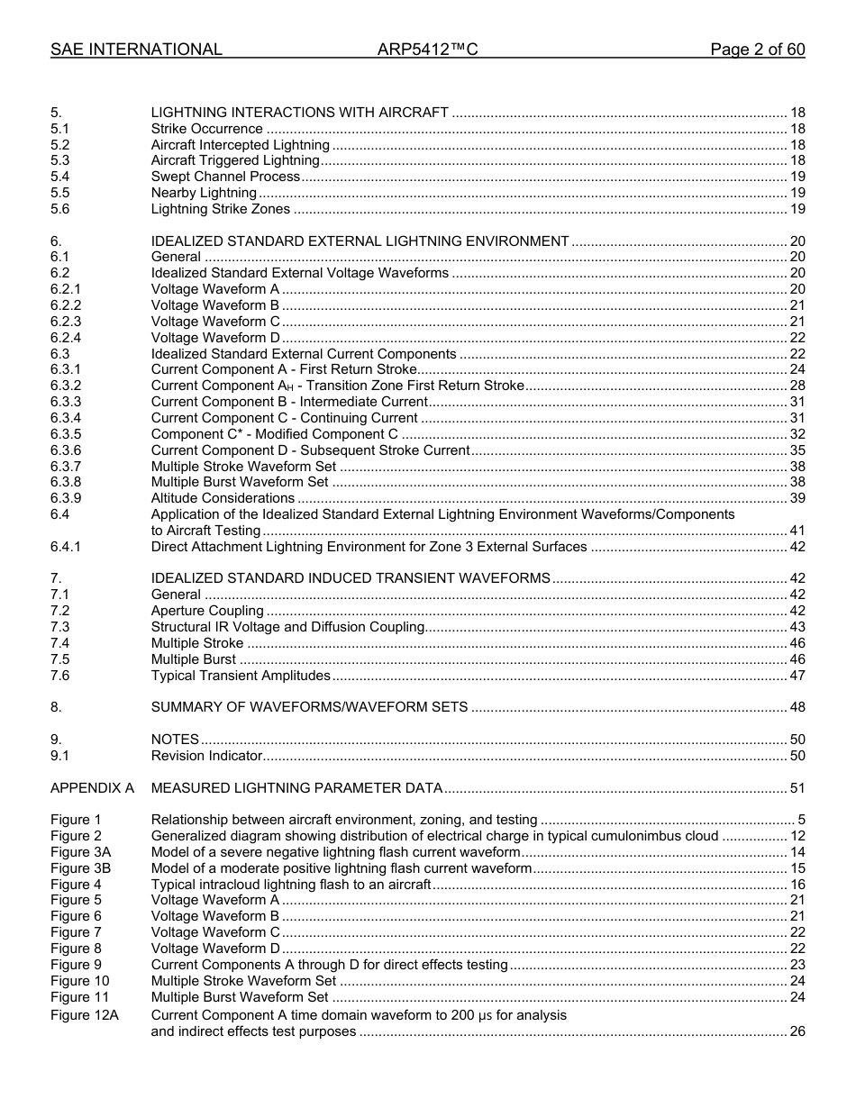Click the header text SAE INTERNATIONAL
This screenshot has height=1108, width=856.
click(136, 50)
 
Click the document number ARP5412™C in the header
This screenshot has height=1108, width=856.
click(427, 50)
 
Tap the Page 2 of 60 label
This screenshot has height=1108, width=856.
click(757, 50)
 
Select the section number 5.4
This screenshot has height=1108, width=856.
click(59, 177)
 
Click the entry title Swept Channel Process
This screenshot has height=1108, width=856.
click(225, 177)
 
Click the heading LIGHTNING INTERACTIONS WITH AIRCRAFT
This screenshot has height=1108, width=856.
click(299, 113)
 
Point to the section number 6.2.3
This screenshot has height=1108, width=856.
click(66, 322)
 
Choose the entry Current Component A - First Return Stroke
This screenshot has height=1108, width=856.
click(284, 369)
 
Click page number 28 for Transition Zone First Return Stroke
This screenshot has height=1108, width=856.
click(797, 386)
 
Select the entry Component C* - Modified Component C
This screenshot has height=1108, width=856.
click(274, 434)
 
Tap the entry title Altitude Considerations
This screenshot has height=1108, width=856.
click(223, 498)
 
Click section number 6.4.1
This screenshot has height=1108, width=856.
click(66, 547)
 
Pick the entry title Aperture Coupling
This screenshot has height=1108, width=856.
click(207, 611)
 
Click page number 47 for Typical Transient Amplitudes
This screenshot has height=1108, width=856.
click(797, 676)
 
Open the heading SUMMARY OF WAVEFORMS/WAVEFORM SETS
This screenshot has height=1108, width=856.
click(309, 707)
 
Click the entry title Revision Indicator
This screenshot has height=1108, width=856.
click(206, 756)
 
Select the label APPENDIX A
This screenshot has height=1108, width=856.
click(92, 788)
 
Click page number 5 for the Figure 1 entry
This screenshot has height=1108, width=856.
click(801, 820)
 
